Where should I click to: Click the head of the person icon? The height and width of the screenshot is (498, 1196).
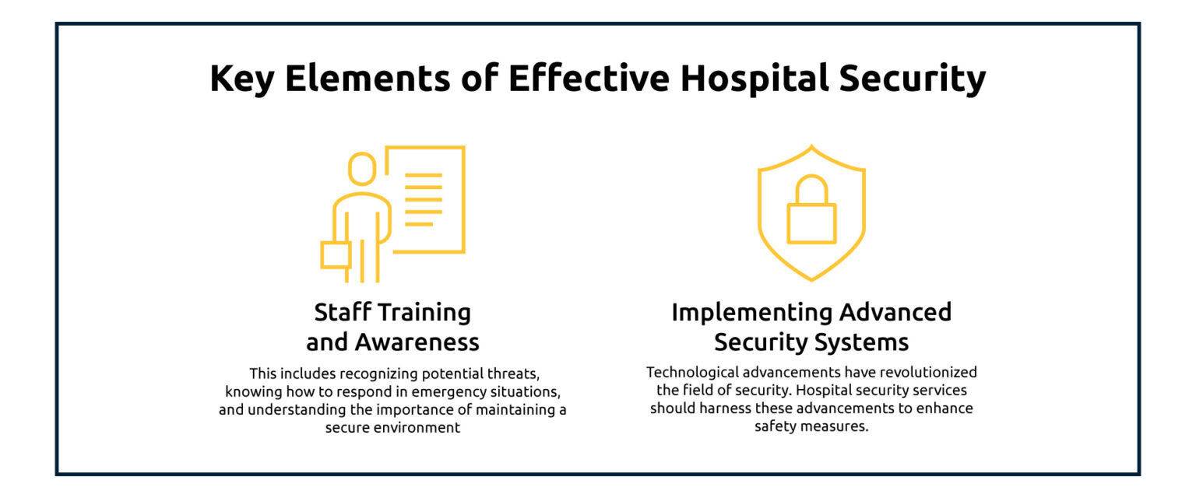(361, 169)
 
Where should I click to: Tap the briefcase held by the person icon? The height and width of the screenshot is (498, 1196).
(336, 254)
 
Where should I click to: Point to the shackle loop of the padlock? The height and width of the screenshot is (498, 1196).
(811, 189)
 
